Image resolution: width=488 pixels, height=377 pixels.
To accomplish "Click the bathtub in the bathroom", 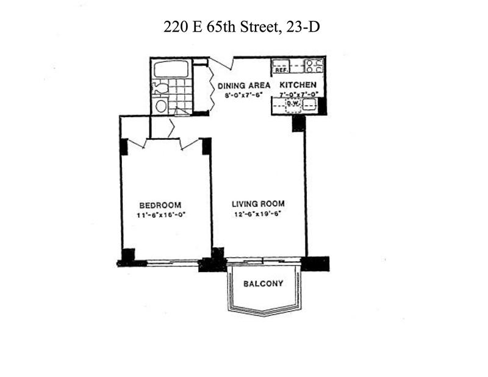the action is [x=171, y=69].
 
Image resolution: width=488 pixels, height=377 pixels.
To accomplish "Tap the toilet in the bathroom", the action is [x=160, y=88].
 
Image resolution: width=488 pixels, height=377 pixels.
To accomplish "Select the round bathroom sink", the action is [x=161, y=106].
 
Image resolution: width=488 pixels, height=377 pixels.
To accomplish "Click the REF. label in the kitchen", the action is [x=281, y=70].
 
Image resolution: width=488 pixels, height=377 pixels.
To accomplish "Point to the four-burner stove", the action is [x=314, y=66].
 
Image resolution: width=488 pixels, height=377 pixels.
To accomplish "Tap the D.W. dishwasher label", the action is [x=293, y=102].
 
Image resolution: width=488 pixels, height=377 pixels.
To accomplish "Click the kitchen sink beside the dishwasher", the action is [x=309, y=105].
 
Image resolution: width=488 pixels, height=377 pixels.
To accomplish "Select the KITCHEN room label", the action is [x=298, y=85].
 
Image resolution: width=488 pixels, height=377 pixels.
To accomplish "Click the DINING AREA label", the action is [x=243, y=85].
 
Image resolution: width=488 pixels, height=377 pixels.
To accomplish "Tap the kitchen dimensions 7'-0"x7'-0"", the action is [x=298, y=93].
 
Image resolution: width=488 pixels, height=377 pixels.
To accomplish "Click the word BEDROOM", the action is [x=160, y=205].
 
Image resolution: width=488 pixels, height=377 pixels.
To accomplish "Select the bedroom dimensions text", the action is [x=161, y=215].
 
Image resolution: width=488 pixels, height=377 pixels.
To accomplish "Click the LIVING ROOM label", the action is [x=258, y=204].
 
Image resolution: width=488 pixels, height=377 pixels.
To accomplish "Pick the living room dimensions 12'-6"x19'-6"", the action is [x=258, y=214].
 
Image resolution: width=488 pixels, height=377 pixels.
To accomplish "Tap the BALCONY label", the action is [x=264, y=284].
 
